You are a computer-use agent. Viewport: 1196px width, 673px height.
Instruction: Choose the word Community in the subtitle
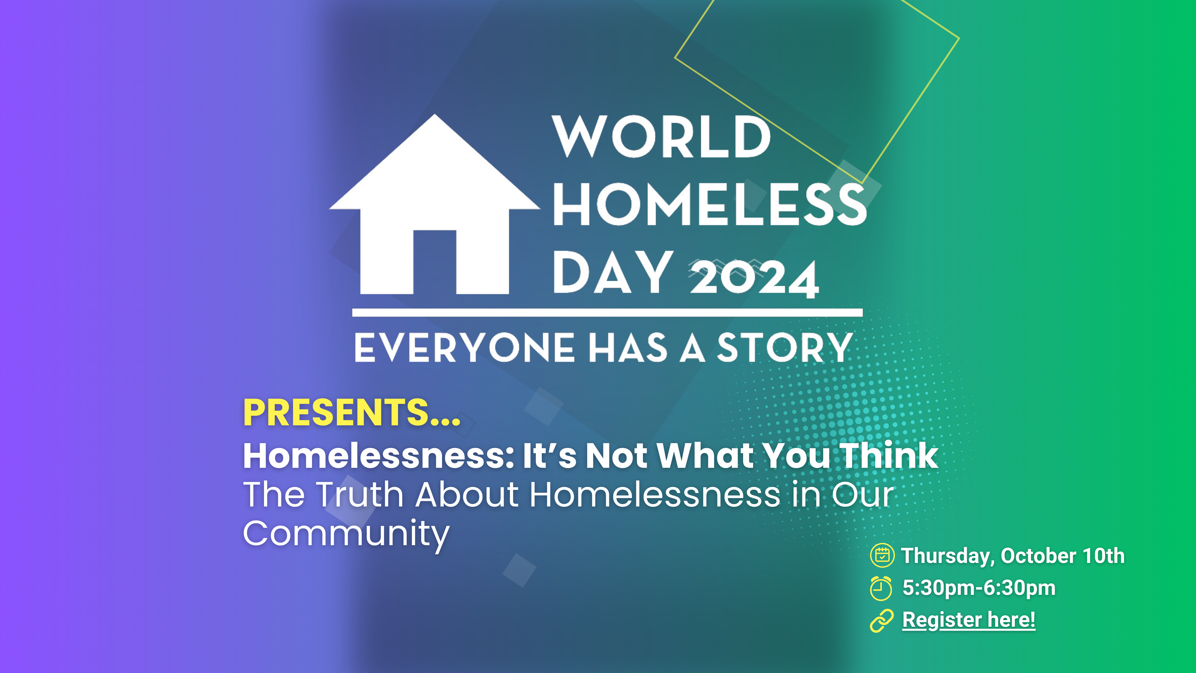coord(346,534)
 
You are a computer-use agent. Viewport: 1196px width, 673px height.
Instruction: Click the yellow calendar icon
coord(882,556)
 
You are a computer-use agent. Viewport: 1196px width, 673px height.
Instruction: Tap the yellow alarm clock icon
coord(881,588)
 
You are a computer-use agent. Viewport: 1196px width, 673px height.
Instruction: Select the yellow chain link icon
coord(881,621)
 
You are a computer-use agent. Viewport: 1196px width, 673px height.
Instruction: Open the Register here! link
coord(969,620)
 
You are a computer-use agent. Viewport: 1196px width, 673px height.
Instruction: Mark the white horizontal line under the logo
coord(607,313)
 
